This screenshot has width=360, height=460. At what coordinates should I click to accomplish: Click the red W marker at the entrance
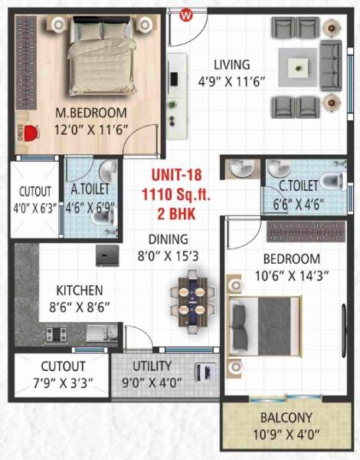pyautogui.click(x=184, y=14)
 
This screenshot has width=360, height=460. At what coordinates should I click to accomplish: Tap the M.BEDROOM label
pyautogui.click(x=90, y=113)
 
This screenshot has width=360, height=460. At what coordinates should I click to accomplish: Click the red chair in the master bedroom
pyautogui.click(x=31, y=132)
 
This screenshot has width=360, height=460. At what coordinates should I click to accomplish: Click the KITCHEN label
pyautogui.click(x=80, y=291)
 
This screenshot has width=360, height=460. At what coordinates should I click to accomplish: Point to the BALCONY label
pyautogui.click(x=286, y=418)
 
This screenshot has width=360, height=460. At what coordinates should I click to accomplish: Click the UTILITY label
pyautogui.click(x=152, y=366)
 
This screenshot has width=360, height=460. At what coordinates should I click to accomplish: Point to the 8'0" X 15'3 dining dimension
pyautogui.click(x=167, y=255)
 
